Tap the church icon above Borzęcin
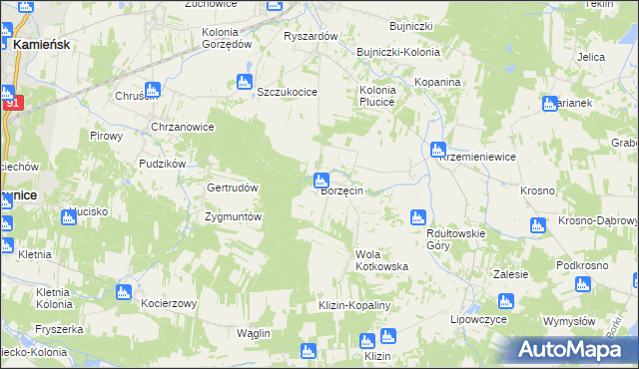tap(321, 181)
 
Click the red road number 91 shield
tap(11, 103)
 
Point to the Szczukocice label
tap(287, 92)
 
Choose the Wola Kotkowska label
tap(382, 267)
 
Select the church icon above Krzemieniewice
tap(437, 150)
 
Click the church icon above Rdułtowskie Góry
tap(418, 216)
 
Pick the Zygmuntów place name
tap(233, 216)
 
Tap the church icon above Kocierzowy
tap(123, 292)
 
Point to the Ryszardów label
tap(312, 36)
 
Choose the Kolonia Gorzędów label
tap(227, 38)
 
